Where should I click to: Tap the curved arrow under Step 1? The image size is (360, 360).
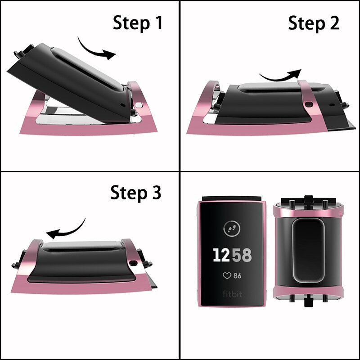click(96, 49)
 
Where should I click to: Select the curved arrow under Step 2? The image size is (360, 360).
click(280, 76)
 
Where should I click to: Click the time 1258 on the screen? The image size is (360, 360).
click(232, 255)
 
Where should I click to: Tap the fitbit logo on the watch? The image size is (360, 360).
click(232, 294)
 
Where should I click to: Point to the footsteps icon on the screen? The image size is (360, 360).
click(232, 227)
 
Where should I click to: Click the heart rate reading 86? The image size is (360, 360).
click(237, 275)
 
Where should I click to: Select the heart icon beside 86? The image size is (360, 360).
click(226, 275)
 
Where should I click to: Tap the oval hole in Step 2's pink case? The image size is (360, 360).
click(309, 104)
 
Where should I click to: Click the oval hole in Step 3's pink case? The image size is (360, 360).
click(134, 262)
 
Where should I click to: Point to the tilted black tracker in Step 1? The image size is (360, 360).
click(67, 76)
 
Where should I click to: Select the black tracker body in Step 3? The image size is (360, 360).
click(81, 261)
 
